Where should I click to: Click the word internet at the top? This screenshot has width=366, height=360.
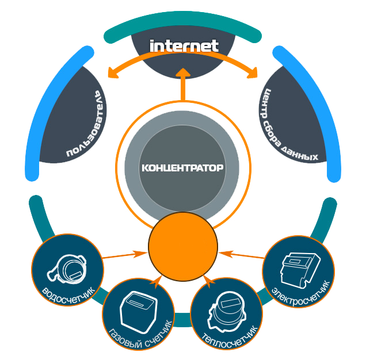click(x=184, y=46)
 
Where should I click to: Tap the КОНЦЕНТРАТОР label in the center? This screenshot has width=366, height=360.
click(x=182, y=168)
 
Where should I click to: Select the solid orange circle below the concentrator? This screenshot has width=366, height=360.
click(x=183, y=247)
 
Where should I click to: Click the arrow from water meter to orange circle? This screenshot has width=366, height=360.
click(x=124, y=254)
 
